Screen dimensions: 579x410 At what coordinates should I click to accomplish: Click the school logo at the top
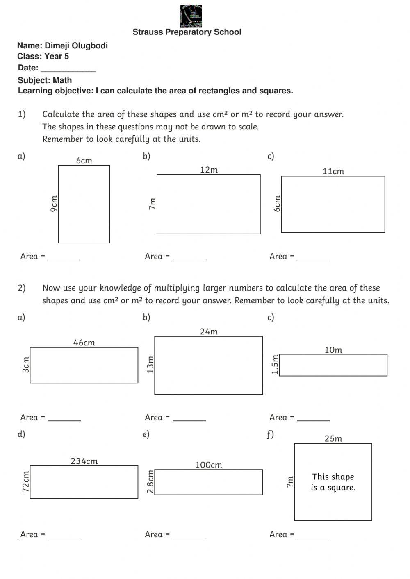click(191, 16)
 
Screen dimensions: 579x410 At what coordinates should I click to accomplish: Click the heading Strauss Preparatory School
click(187, 32)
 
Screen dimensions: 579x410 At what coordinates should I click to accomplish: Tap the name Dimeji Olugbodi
click(76, 45)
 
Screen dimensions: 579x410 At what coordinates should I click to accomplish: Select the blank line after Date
click(68, 69)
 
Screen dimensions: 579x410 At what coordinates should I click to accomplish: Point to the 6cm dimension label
click(84, 161)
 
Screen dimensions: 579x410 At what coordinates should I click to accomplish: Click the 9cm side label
click(54, 204)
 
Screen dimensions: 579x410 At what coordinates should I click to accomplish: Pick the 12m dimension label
click(209, 170)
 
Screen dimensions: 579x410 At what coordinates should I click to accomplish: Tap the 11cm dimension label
click(333, 171)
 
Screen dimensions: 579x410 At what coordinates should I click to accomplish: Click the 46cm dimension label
click(84, 343)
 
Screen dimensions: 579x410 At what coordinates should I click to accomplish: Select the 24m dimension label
click(209, 332)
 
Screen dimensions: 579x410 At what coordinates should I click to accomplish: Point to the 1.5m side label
click(275, 365)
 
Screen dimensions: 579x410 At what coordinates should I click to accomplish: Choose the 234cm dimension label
click(84, 461)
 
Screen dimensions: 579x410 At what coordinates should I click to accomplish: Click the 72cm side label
click(26, 481)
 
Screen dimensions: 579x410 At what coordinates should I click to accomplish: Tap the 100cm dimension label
click(209, 465)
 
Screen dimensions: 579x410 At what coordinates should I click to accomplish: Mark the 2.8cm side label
click(150, 482)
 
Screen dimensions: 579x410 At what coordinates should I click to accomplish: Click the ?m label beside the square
click(290, 482)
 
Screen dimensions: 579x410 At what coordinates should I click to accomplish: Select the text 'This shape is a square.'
click(333, 482)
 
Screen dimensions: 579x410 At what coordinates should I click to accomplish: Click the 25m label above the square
click(333, 438)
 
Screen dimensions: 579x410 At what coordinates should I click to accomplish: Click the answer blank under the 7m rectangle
click(189, 257)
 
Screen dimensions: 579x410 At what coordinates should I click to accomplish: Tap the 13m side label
click(150, 365)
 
